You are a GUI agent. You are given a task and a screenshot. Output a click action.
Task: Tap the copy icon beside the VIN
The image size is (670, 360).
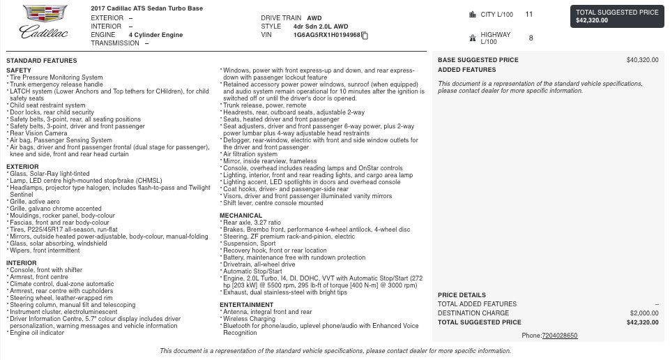coord(365,36)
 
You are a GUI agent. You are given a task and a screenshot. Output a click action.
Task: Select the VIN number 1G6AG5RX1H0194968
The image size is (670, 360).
coord(326,35)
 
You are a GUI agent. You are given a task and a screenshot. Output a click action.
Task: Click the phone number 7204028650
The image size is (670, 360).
coord(560,336)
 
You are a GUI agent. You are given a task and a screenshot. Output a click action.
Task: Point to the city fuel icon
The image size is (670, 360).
coord(473,14)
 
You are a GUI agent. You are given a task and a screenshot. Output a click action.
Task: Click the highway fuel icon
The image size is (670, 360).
coord(473,38)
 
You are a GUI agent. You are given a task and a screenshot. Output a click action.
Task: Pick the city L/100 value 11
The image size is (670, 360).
coord(529,14)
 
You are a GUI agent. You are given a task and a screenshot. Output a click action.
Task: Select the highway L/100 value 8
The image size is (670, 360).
coord(531,38)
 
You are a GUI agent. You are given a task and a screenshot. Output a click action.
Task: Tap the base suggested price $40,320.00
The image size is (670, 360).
coord(642,60)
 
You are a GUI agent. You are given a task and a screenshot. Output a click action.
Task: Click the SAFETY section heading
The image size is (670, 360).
coord(19,70)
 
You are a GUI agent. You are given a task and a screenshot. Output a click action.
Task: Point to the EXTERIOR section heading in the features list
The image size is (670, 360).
coord(22,167)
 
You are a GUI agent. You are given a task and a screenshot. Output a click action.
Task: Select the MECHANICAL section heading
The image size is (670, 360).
coord(241,216)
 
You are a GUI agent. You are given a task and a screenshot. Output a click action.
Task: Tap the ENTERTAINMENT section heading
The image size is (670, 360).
coord(246,305)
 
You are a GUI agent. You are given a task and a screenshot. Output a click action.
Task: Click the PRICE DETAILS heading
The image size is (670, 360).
coord(462,295)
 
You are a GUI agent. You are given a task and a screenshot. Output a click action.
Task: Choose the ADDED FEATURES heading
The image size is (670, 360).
coord(466,70)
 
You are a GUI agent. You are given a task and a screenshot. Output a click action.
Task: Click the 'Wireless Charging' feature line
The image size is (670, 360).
coord(249,319)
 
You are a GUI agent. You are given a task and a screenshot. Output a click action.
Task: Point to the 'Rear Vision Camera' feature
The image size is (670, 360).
coord(38,133)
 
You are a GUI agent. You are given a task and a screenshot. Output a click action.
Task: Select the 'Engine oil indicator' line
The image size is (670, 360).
coord(38,333)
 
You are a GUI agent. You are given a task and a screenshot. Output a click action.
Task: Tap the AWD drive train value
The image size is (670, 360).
coord(314,17)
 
